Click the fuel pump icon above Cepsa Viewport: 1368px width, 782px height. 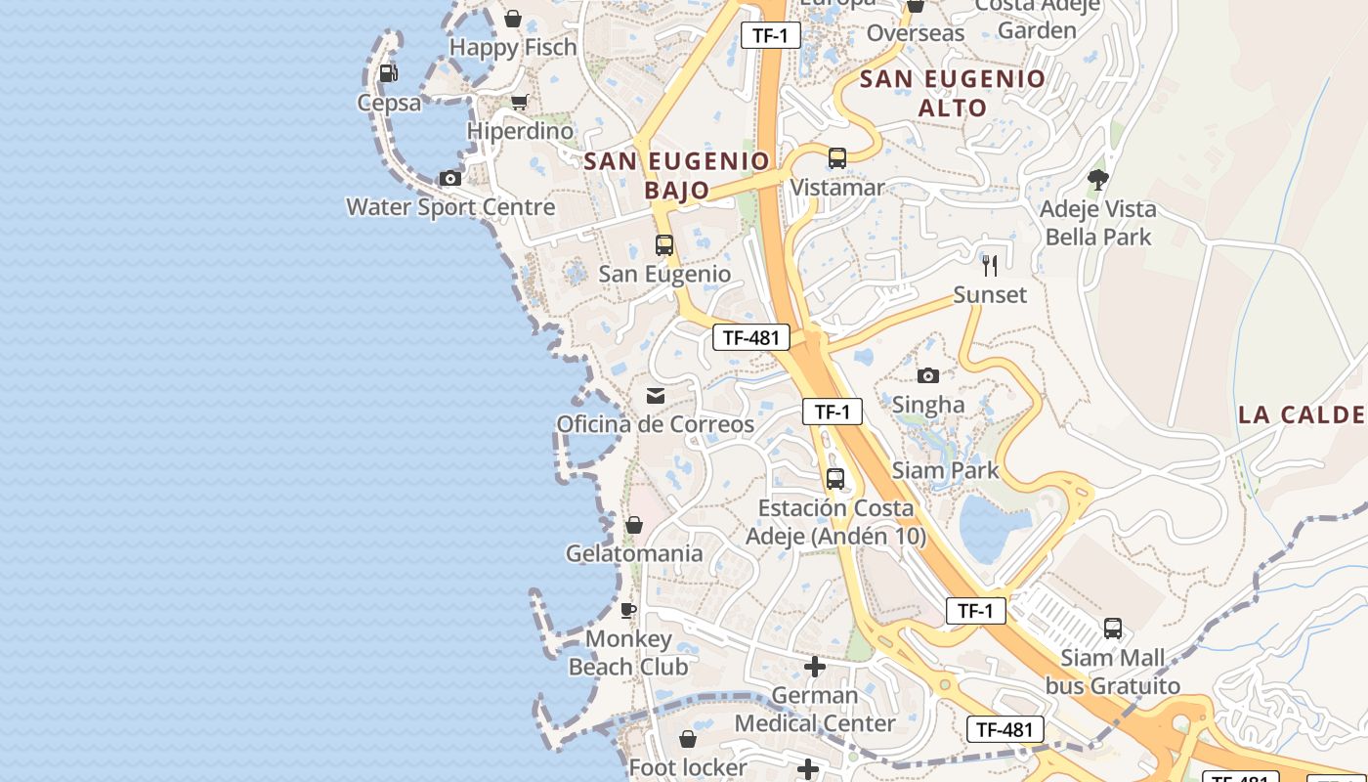[x=388, y=72]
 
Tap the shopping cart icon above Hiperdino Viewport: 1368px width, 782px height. [x=520, y=102]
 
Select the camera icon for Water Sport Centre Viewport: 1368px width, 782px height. [x=449, y=178]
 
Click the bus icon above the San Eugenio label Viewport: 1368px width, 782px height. [x=664, y=245]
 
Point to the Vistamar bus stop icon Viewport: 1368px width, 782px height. [x=836, y=158]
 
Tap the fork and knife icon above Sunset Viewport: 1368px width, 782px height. [x=990, y=265]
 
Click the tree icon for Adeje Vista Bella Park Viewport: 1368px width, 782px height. [x=1098, y=179]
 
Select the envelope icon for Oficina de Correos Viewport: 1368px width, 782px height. [x=655, y=396]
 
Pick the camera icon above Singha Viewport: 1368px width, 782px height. [x=928, y=375]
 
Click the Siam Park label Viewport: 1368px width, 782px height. [x=945, y=470]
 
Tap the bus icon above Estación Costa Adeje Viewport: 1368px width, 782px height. [x=835, y=479]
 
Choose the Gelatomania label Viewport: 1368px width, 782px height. [x=634, y=553]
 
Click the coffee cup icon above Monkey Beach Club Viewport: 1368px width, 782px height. [x=628, y=611]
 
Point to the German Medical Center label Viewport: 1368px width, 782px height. [x=815, y=710]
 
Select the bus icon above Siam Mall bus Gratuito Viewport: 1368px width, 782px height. [x=1113, y=629]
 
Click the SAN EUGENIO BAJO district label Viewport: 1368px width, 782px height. [x=677, y=175]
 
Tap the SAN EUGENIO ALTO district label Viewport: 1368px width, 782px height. [x=953, y=93]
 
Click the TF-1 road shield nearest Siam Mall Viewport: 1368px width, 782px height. [x=975, y=612]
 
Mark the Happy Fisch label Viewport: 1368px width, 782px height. [x=513, y=47]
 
